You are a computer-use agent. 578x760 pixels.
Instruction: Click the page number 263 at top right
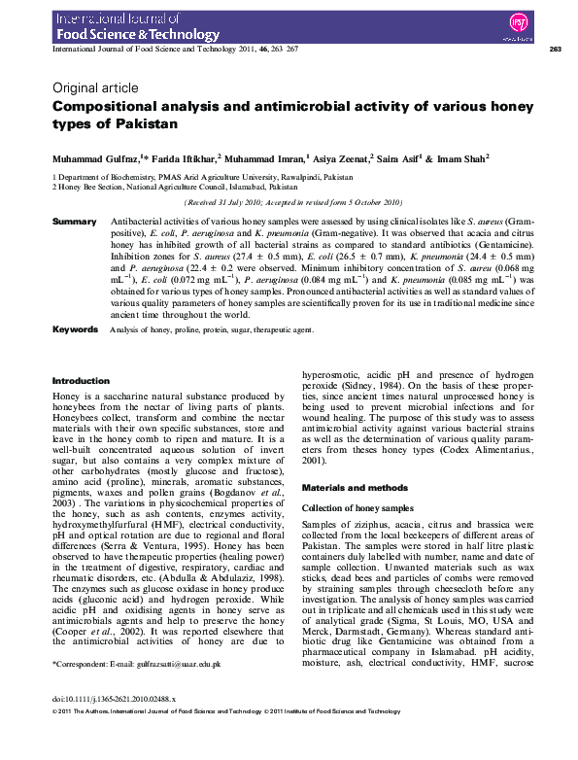click(555, 49)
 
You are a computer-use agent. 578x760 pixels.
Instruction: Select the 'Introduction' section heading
click(81, 381)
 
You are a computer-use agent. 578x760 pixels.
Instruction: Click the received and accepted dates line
click(291, 202)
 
